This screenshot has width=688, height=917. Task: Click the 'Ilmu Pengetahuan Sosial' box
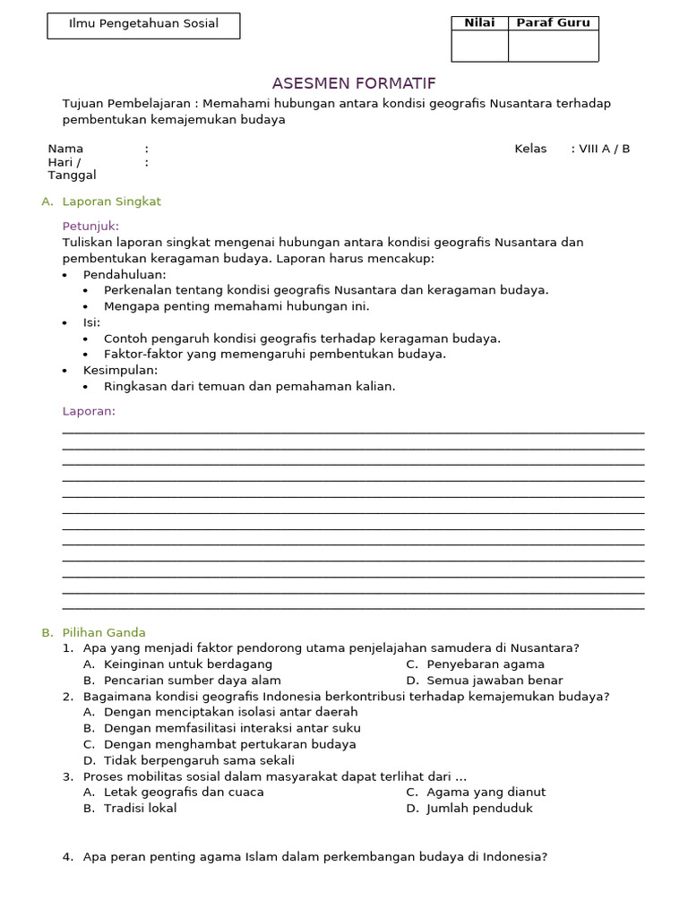coord(143,25)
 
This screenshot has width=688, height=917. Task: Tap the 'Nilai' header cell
coord(479,23)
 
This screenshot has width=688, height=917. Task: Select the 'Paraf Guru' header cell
coord(553,23)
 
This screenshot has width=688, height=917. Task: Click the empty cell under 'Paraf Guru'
coord(553,46)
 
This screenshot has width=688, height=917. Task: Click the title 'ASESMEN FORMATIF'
coord(354,84)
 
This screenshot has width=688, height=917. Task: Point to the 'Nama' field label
coord(65,149)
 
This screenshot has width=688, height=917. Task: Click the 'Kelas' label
coord(530,149)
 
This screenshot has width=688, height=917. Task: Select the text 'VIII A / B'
coord(604,149)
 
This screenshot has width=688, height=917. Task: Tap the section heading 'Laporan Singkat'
coord(111,201)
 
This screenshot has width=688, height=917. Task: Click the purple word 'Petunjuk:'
coord(90,226)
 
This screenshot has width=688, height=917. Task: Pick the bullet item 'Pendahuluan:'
coord(125,275)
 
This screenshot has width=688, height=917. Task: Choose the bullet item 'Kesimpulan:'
coord(120,371)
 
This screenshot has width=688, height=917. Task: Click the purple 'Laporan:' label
coord(89,412)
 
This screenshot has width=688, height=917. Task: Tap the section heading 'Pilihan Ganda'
coord(104,632)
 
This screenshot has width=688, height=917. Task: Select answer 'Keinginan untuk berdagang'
coord(188,664)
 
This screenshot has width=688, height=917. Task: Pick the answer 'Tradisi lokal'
coord(140,809)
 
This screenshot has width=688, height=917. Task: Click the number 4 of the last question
coord(67,857)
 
